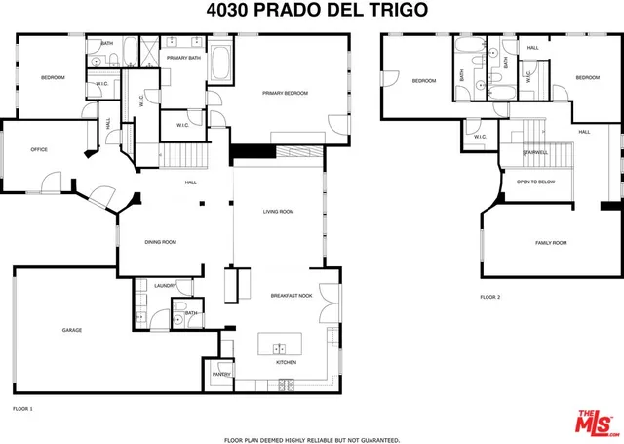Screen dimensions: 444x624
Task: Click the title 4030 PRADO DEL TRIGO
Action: [x=312, y=11]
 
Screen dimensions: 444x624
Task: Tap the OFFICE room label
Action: [x=39, y=149]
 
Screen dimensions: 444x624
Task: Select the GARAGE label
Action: [x=72, y=330]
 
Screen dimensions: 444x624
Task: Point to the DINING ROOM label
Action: [x=160, y=241]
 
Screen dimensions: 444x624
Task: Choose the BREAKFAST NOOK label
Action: [x=290, y=295]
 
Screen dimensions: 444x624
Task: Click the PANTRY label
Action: [x=221, y=374]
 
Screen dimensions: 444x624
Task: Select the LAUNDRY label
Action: [x=165, y=286]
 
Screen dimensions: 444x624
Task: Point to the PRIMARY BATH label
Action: [x=182, y=58]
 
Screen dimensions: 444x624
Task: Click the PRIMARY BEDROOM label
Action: [x=285, y=93]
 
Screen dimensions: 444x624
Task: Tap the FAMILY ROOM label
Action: [x=551, y=242]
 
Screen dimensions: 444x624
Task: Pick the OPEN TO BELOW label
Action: [x=536, y=182]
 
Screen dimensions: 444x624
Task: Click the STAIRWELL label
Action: [x=535, y=152]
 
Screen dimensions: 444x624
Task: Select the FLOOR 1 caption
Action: [x=22, y=407]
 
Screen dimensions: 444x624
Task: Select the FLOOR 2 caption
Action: [x=489, y=297]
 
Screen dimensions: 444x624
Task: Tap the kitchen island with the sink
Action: [x=280, y=346]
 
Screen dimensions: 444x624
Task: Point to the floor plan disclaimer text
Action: [x=312, y=439]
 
